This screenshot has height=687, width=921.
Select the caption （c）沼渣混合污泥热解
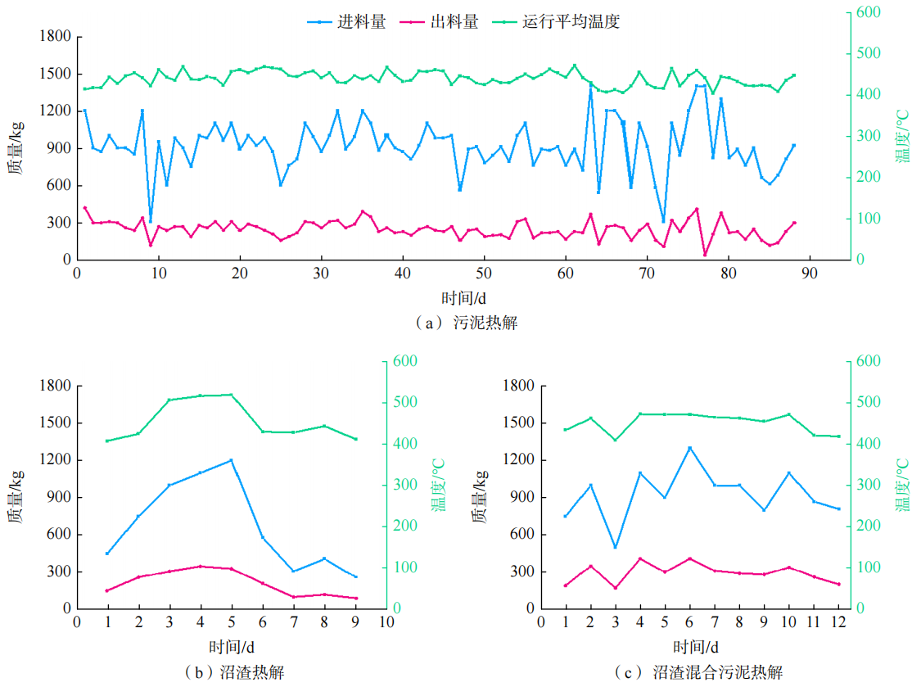click(x=698, y=672)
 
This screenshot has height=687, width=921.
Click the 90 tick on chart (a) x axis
click(x=810, y=273)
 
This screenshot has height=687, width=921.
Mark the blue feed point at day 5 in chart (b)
click(x=232, y=460)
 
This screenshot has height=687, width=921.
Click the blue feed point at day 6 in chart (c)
click(x=690, y=448)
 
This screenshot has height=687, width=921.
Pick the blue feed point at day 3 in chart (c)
click(x=615, y=547)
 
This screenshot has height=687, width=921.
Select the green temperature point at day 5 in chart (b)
click(x=232, y=395)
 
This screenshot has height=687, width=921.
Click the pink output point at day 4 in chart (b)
click(x=201, y=566)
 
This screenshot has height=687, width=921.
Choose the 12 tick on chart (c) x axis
click(x=839, y=622)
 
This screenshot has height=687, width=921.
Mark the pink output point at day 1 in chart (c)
click(x=566, y=585)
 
